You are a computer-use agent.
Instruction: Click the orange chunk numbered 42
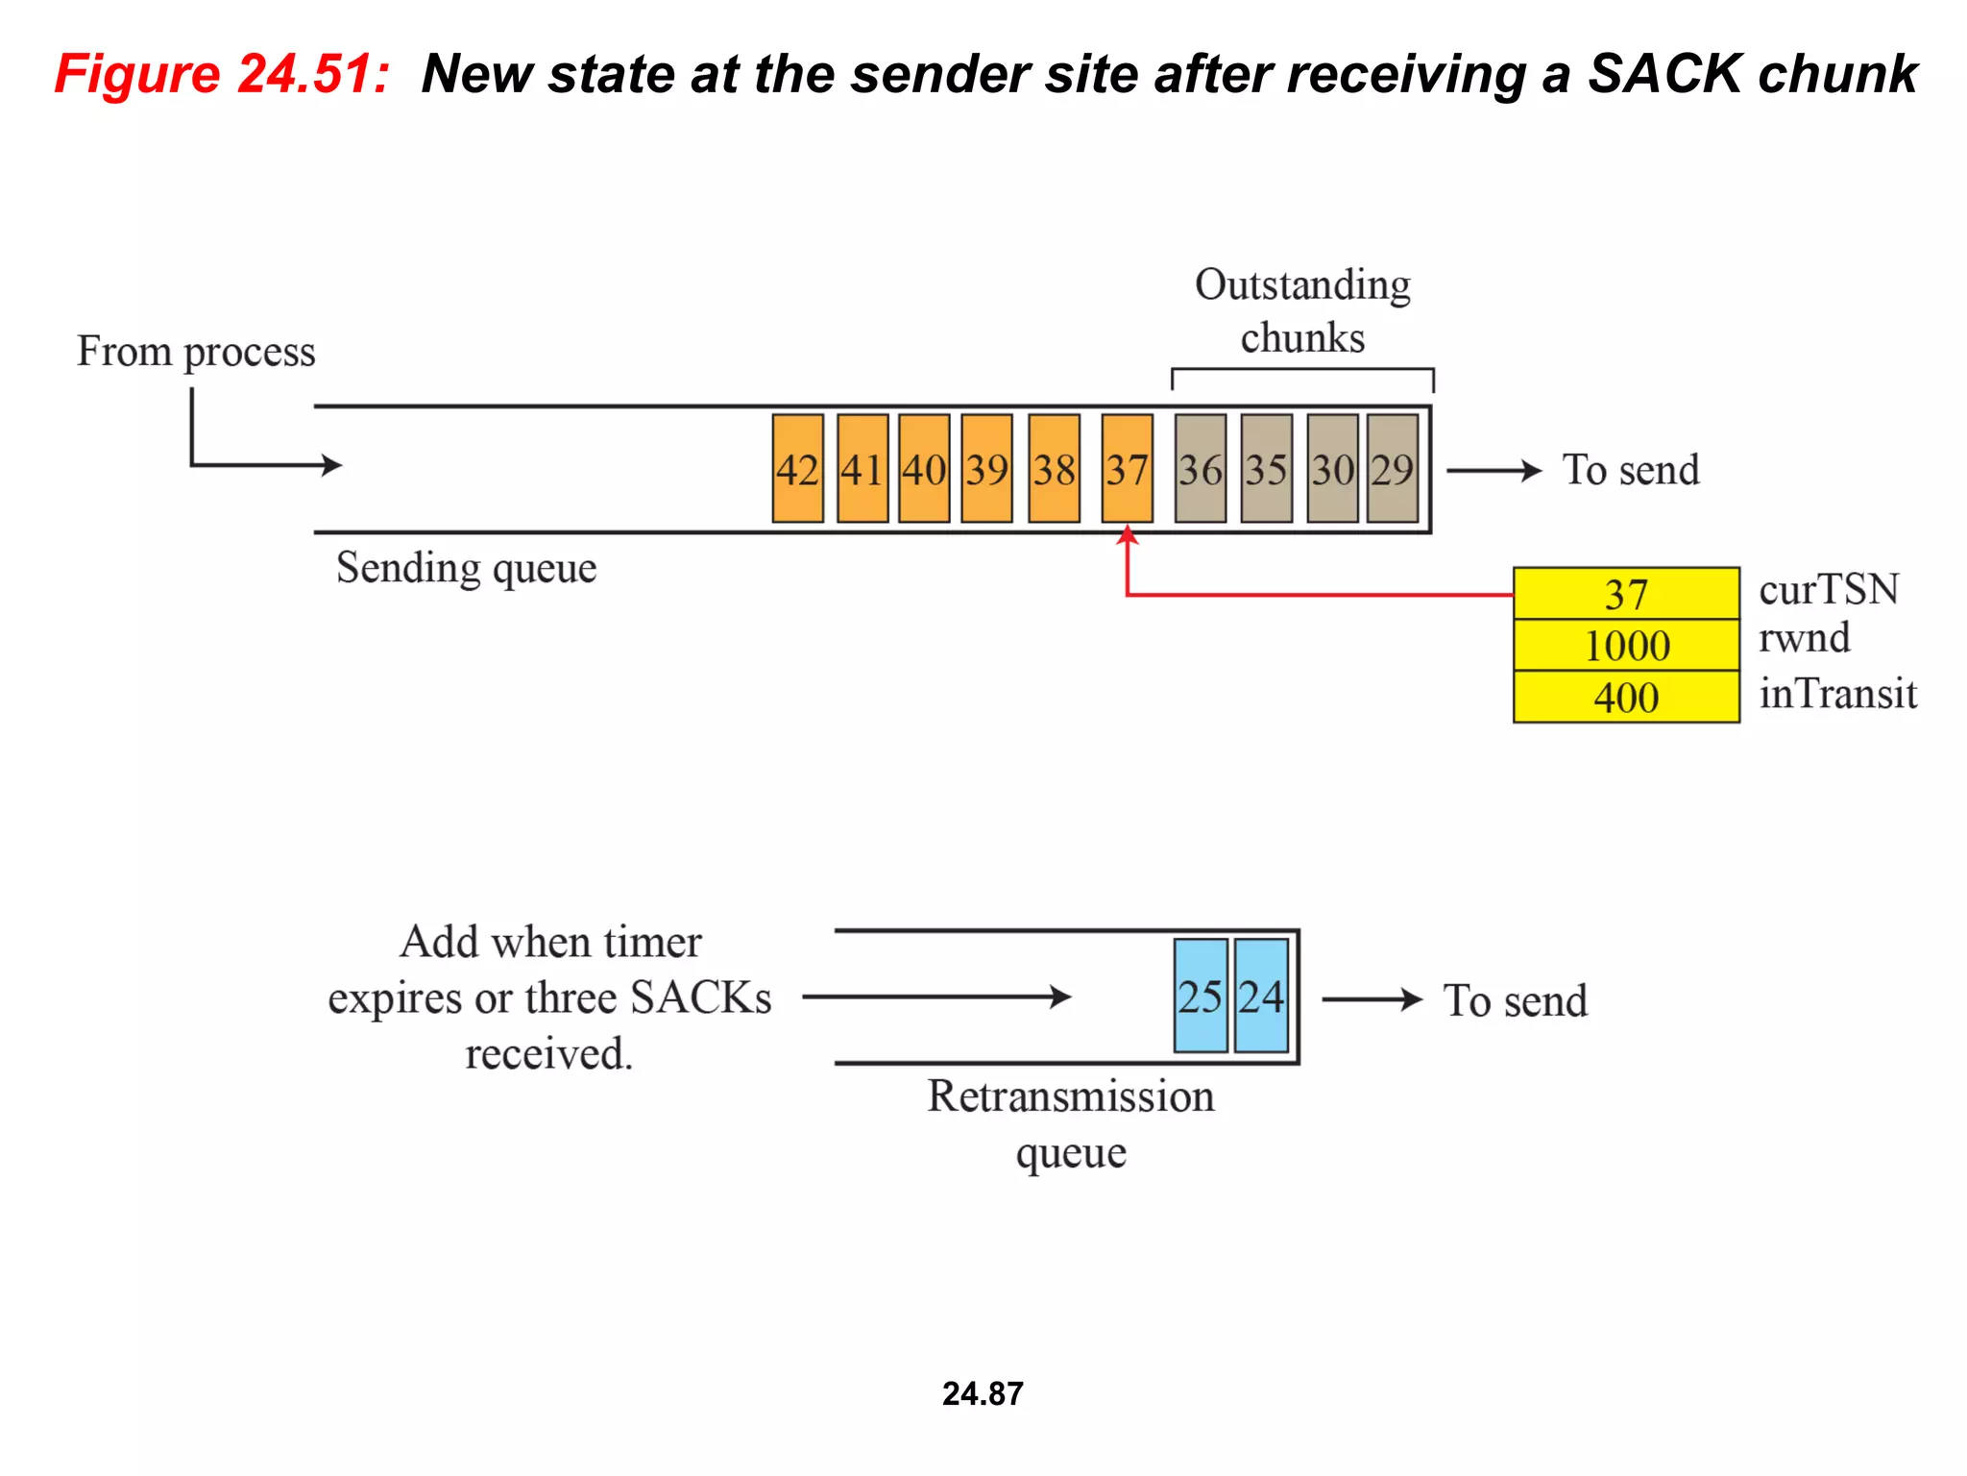(x=797, y=469)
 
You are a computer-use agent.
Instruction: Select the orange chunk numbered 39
(x=986, y=469)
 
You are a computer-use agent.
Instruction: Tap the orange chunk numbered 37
(x=1127, y=469)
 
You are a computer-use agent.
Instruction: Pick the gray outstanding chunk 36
(x=1200, y=469)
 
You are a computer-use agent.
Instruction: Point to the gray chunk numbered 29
(x=1392, y=469)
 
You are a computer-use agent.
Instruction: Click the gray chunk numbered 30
(x=1332, y=469)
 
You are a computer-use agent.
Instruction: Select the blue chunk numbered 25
(x=1200, y=996)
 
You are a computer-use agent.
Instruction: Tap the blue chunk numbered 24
(x=1261, y=996)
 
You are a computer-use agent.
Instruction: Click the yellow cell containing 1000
(x=1626, y=645)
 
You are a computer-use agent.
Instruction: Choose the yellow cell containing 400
(x=1626, y=697)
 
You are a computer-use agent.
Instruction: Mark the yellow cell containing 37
(x=1626, y=594)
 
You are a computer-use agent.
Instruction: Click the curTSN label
(x=1829, y=589)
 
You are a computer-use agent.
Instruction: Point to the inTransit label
(x=1837, y=693)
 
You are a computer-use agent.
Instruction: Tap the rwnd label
(x=1804, y=638)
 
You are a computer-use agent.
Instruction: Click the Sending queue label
(x=466, y=568)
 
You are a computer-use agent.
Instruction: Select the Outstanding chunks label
(x=1302, y=311)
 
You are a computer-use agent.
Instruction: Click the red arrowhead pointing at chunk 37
(x=1128, y=535)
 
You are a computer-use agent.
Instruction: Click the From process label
(x=196, y=352)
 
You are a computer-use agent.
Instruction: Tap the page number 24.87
(x=983, y=1393)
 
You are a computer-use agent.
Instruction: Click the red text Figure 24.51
(x=222, y=74)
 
